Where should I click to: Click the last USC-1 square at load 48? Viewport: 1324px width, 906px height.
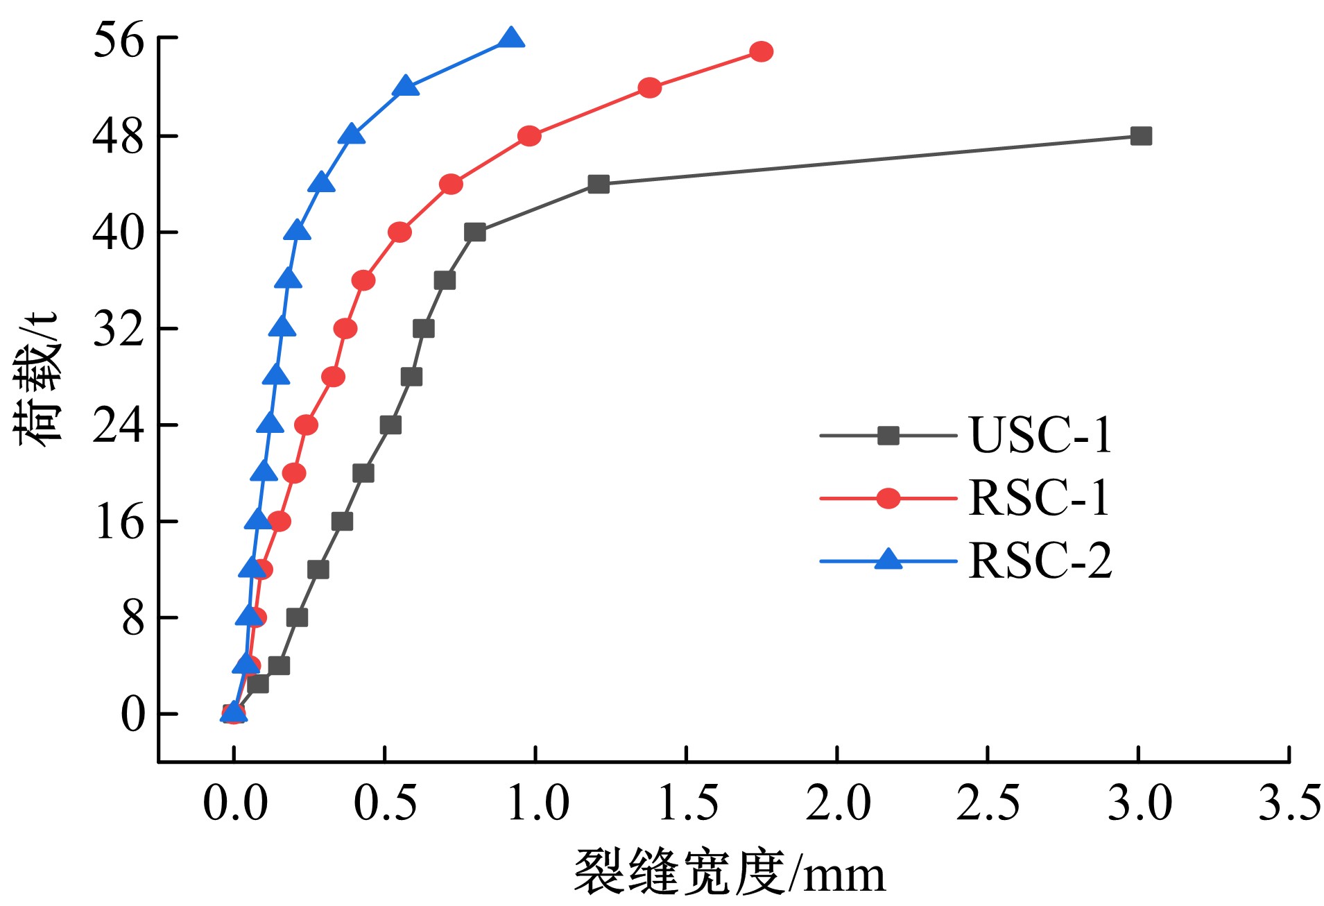coord(1140,136)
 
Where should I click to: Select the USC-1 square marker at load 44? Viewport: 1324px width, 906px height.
coord(598,184)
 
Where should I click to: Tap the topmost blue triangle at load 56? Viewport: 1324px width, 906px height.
coord(511,39)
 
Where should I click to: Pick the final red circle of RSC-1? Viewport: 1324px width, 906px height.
coord(761,51)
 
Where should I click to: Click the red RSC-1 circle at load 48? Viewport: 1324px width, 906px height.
coord(528,136)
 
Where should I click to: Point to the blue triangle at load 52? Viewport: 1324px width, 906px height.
coord(406,87)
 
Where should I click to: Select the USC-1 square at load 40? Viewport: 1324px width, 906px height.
coord(474,232)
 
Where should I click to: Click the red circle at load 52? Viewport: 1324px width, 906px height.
coord(649,87)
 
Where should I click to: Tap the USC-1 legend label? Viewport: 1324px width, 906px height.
coord(1040,436)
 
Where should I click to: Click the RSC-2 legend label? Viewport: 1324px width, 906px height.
coord(1040,561)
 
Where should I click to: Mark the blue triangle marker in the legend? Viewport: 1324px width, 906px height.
coord(888,560)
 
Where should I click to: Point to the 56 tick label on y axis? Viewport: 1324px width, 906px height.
coord(118,39)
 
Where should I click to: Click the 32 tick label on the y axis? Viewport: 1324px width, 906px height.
coord(118,328)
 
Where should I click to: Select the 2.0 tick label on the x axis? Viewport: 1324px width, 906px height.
coord(837,803)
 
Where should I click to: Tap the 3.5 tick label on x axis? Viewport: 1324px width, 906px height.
coord(1289,803)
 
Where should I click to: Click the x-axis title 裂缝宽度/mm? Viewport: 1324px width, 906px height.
coord(730,873)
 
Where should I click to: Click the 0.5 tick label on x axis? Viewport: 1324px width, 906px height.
coord(385,803)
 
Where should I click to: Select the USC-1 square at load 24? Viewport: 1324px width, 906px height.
coord(390,425)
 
